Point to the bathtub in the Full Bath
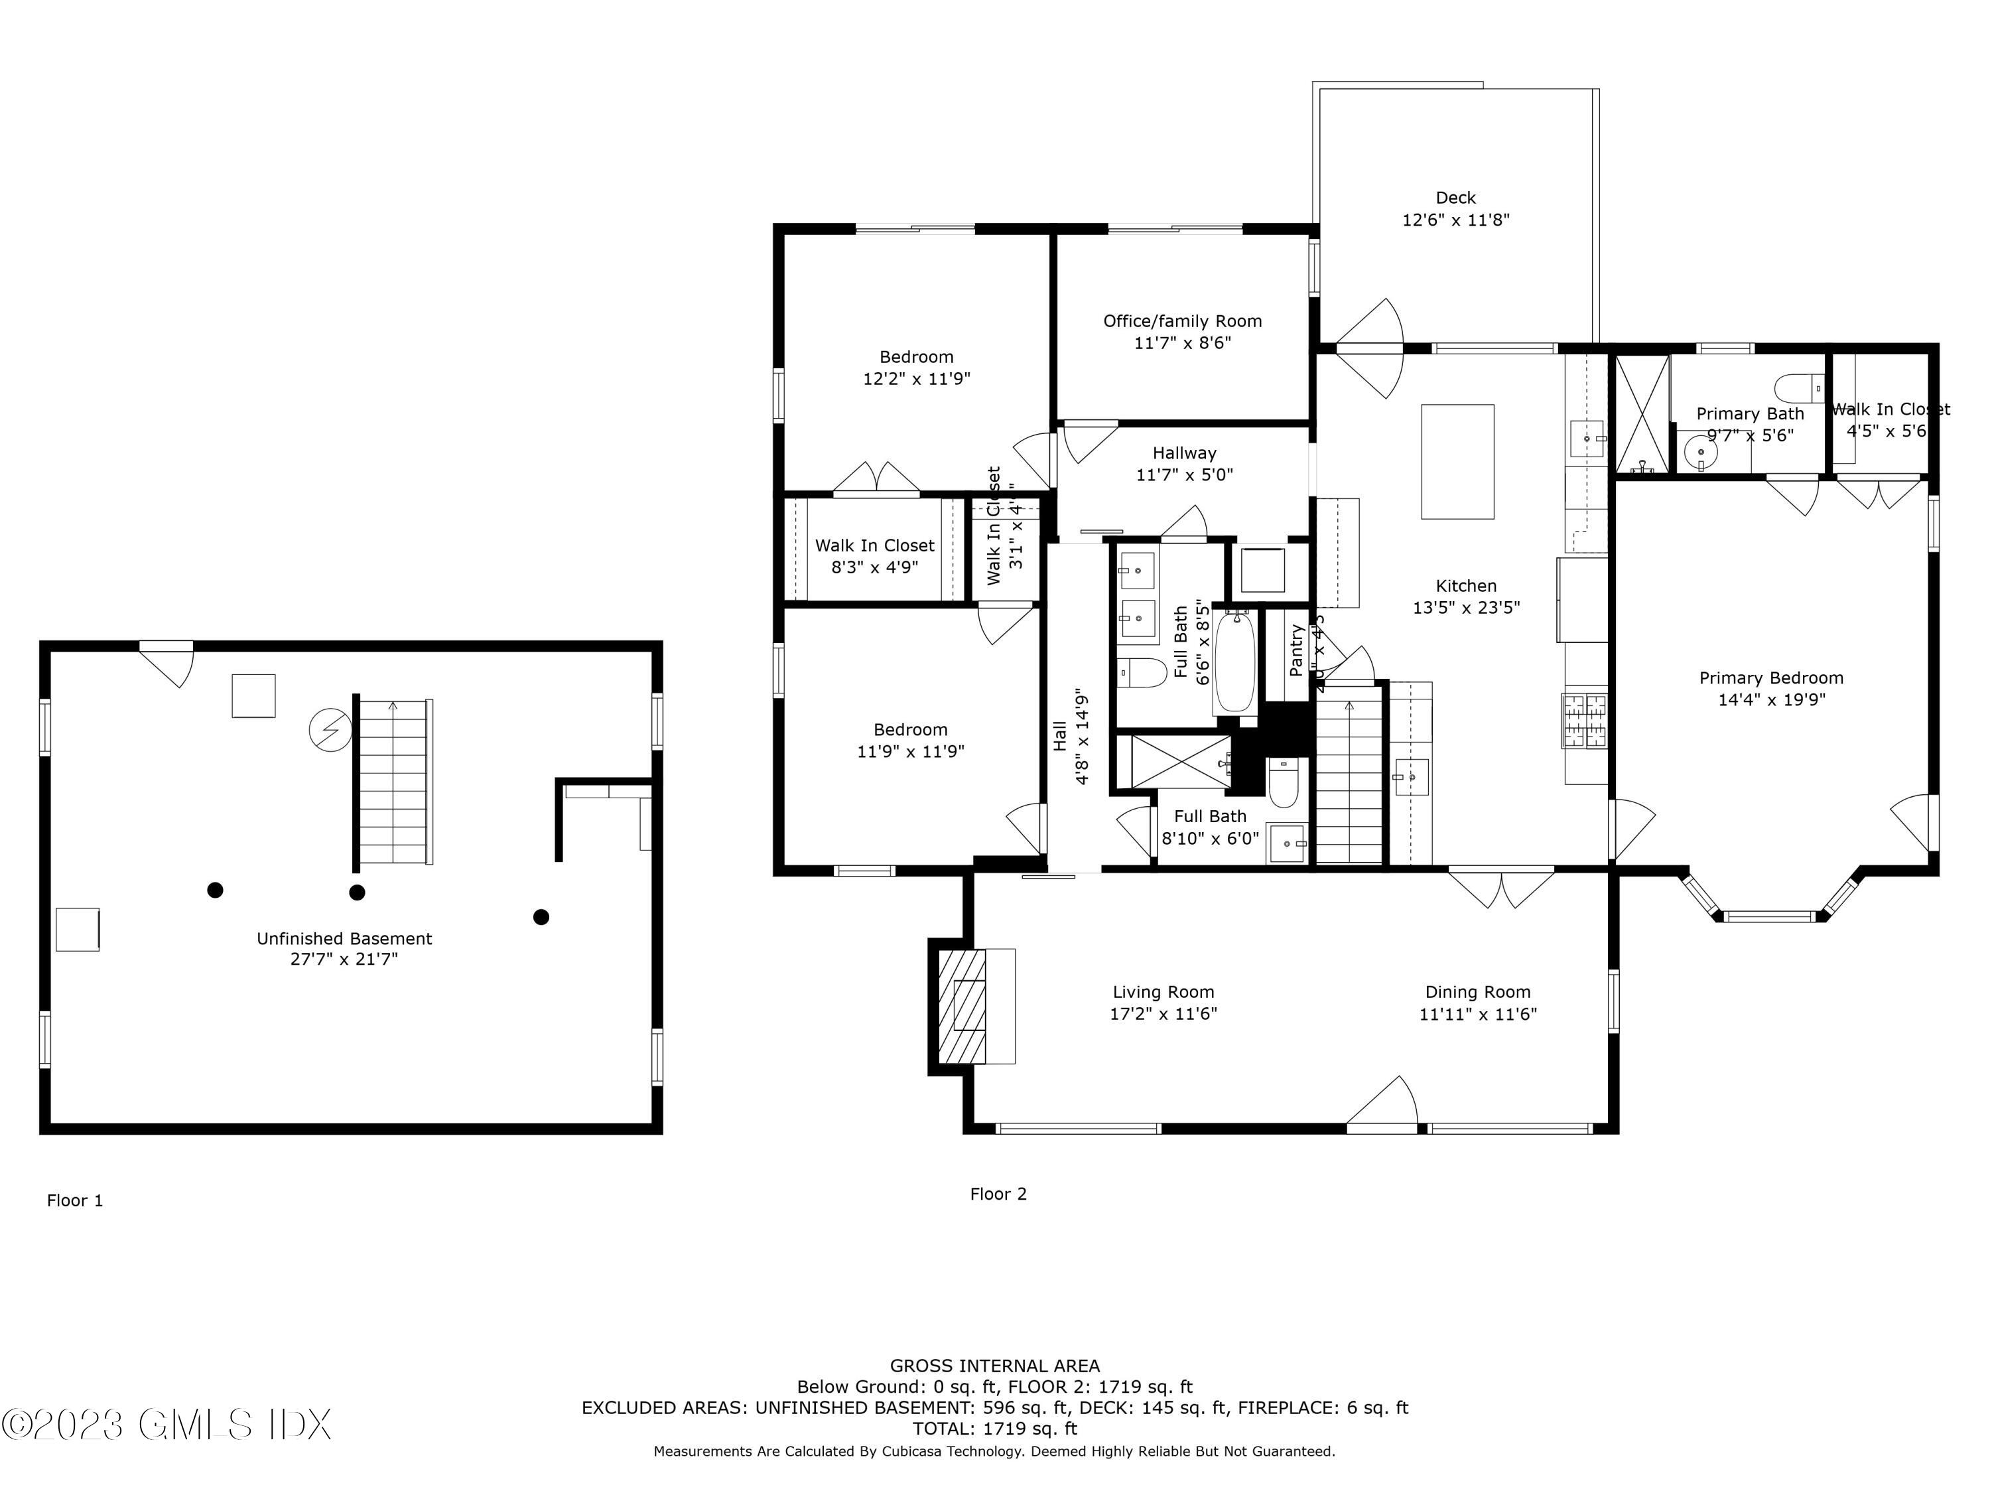coord(1235,662)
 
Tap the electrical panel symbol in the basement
coord(330,730)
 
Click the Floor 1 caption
coord(75,1200)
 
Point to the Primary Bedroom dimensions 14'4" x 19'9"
coord(1770,700)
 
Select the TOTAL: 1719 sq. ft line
coord(994,1428)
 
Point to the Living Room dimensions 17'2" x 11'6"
coord(1163,1014)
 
